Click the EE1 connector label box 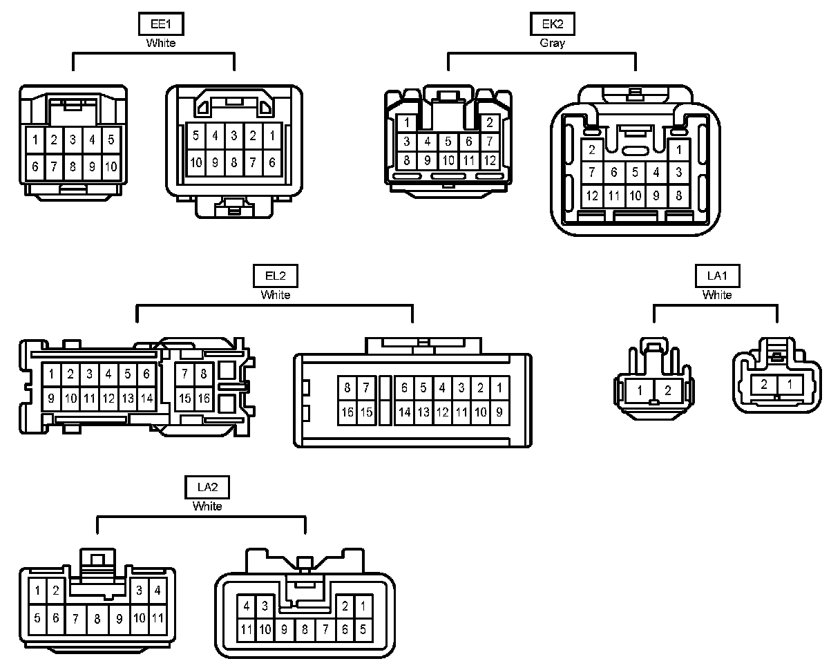pos(162,25)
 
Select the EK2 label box pos(552,25)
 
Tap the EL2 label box pos(276,276)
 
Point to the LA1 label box pos(717,276)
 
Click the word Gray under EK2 pos(552,43)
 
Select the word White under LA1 pos(717,295)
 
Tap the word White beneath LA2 pos(207,506)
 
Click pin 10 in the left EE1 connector pos(111,166)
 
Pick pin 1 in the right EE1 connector pos(272,136)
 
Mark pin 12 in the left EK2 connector pos(490,161)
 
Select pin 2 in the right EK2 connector pos(592,150)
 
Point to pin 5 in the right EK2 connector pos(636,172)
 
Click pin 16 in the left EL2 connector pos(204,399)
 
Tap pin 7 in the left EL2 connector pos(185,374)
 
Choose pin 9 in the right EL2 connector pos(499,412)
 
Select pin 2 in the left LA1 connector pos(667,391)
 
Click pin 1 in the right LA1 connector pos(790,384)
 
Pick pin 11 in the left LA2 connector pos(157,618)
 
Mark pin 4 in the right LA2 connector pos(247,606)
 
